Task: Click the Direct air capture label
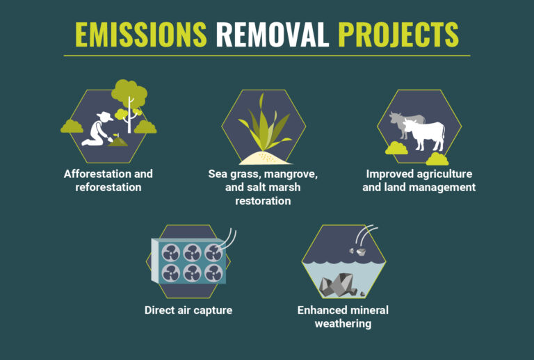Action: (x=188, y=310)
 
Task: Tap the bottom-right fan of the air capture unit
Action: (x=213, y=273)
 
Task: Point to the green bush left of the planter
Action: (x=72, y=126)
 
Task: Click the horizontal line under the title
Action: (x=266, y=55)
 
